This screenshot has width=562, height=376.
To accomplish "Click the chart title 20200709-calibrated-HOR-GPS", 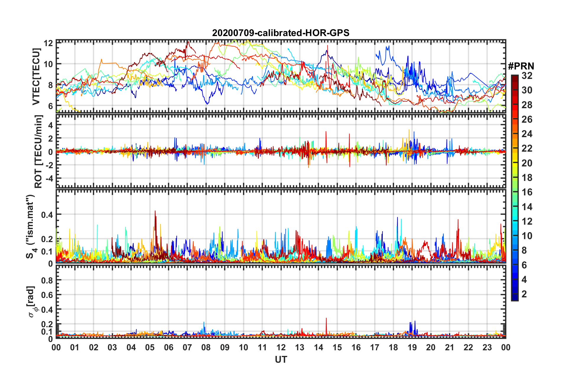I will click(281, 33).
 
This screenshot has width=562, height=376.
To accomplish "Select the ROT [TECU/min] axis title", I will click(38, 151).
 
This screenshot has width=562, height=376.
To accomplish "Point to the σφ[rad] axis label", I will click(33, 302).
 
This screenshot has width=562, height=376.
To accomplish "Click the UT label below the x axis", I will click(281, 359).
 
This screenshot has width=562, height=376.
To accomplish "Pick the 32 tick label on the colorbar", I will click(527, 76).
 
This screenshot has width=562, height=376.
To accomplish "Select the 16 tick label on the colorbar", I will click(527, 192).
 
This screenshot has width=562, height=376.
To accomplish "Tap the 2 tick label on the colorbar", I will click(524, 294).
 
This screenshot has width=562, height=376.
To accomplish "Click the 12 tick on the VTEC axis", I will click(48, 43).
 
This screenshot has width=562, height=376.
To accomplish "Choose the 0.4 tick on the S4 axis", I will click(47, 215).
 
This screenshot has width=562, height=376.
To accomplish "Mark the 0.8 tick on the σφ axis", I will click(47, 280).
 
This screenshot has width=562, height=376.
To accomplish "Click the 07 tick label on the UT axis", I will click(187, 348).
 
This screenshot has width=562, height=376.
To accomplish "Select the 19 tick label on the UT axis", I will click(412, 348).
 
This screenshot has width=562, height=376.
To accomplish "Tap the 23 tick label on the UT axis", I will click(487, 348).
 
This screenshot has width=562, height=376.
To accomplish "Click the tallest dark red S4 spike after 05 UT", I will click(155, 212).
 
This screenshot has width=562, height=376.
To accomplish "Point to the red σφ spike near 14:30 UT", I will click(326, 319).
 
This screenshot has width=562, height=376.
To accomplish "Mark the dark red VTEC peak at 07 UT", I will click(188, 42).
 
